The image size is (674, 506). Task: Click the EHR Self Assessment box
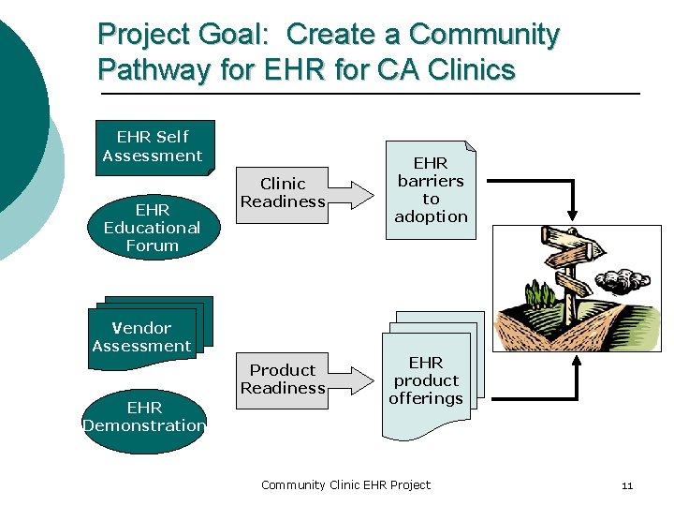coord(153,146)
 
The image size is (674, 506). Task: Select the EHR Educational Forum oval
coord(152,227)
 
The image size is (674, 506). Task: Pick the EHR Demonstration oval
coord(145,416)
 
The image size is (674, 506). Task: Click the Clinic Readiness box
coord(283,192)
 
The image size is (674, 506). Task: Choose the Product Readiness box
coord(282,379)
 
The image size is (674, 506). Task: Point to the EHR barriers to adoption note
coord(431,190)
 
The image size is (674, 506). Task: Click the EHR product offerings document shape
coord(427,380)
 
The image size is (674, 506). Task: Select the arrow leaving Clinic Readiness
coord(350,192)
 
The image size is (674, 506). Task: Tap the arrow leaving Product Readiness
coord(350,379)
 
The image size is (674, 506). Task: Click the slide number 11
coord(626,485)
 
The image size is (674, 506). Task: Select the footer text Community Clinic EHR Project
coord(345,484)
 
